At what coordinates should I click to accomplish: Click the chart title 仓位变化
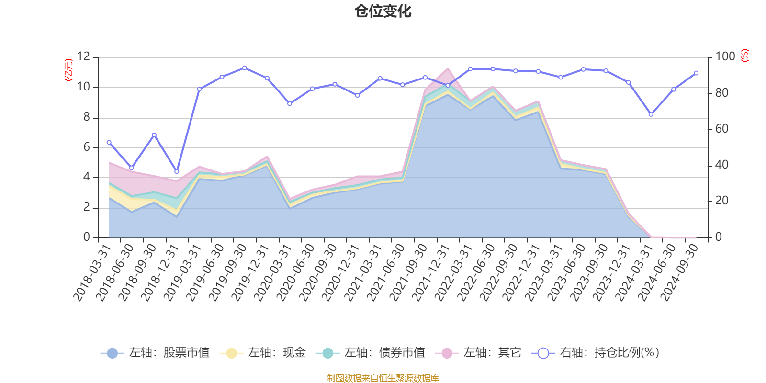click(383, 11)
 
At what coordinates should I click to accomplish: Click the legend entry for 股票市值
click(155, 353)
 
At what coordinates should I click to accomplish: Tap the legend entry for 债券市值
click(371, 353)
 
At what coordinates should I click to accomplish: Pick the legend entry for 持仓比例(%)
click(596, 353)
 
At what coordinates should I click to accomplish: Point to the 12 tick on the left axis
click(83, 57)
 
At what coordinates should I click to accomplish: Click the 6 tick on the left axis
click(86, 147)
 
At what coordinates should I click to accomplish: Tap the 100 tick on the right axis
click(725, 57)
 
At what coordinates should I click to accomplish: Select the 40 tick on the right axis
click(721, 165)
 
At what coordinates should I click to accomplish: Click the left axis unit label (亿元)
click(68, 70)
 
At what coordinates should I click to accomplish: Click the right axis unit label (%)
click(744, 56)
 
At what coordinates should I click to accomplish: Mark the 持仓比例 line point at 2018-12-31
click(177, 171)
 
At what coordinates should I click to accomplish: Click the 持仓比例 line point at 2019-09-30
click(245, 68)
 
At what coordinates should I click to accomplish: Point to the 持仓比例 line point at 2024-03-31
click(651, 114)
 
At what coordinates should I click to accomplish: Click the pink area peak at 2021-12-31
click(448, 69)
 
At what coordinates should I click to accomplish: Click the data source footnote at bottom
click(383, 378)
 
